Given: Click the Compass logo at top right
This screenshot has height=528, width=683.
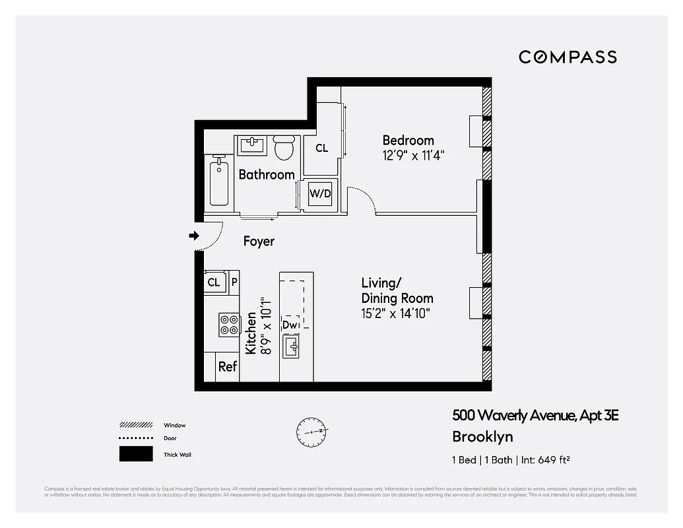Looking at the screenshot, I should tap(568, 57).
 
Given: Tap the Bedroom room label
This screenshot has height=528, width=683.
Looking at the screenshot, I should tap(408, 140).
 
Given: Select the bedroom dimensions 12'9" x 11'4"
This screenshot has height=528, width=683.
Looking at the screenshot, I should tap(414, 156).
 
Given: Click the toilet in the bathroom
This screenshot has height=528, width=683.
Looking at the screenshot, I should tap(284, 148).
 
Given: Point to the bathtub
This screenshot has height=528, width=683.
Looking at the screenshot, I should tap(219, 181).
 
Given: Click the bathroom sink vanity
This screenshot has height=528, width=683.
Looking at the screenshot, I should tap(252, 145).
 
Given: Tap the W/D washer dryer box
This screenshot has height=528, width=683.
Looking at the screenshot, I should tap(320, 194).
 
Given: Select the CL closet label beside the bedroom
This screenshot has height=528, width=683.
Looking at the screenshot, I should tap(321, 148).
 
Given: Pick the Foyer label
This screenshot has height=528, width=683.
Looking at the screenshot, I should tap(259, 242).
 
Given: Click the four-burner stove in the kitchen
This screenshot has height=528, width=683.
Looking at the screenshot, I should tap(229, 324).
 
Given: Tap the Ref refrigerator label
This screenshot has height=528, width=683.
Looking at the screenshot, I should tap(228, 367).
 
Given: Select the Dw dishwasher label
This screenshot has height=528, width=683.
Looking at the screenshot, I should tap(289, 325).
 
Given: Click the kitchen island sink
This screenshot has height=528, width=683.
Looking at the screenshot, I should tap(292, 346).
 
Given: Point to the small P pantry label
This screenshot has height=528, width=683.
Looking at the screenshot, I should tap(233, 282).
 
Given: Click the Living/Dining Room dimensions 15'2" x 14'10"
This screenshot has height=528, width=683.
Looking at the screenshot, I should tap(396, 313).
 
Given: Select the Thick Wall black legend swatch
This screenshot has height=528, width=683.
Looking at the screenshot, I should tap(135, 454).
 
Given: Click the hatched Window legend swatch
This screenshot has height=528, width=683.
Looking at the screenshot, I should tap(135, 425).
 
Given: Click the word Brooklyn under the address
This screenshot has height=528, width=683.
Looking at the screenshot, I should tap(482, 436).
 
